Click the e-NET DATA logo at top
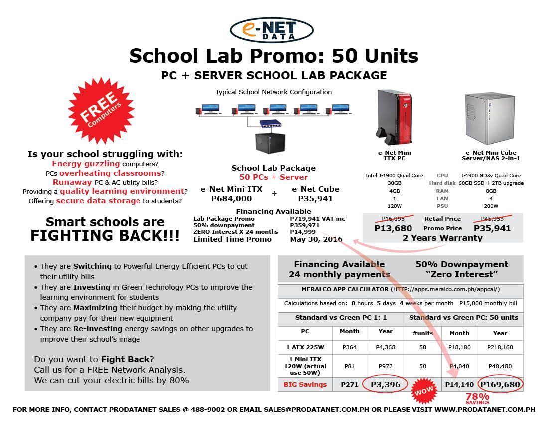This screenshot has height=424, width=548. [x=272, y=30]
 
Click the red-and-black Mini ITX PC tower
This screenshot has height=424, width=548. [x=394, y=116]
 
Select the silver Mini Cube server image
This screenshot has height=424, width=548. [x=484, y=118]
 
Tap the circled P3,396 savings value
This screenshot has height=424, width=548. [x=385, y=384]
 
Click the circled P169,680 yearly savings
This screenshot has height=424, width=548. [x=500, y=384]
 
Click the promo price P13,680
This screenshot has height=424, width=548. [x=393, y=228]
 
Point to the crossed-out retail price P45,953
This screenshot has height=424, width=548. [x=492, y=218]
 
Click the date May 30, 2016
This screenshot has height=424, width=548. [x=316, y=239]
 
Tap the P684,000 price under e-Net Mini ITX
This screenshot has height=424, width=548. [x=231, y=198]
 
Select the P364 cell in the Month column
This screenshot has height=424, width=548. [x=349, y=347]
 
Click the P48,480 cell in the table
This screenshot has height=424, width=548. [x=500, y=366]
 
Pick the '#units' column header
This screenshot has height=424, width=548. [x=423, y=333]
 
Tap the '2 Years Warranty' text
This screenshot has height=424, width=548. [x=442, y=238]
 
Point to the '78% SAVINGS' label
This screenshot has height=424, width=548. [x=477, y=398]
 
